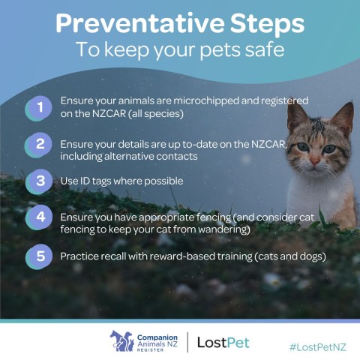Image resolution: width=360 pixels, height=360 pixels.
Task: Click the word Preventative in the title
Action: (140, 22)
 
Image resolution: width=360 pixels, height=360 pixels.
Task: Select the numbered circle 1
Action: (39, 108)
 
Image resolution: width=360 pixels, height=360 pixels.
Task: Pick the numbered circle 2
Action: (39, 145)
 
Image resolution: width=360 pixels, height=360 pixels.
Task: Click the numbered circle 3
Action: (39, 181)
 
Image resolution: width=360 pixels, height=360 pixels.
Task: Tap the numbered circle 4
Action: (39, 217)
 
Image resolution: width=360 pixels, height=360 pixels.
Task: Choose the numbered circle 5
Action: (39, 256)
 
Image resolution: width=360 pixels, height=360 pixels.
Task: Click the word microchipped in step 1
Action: (206, 101)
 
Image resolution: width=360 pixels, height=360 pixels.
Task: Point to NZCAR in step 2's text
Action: (268, 144)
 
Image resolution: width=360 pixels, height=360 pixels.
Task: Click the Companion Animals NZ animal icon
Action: (121, 340)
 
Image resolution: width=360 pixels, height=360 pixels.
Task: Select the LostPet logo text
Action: (223, 343)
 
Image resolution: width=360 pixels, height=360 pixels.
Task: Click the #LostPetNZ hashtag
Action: (318, 347)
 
